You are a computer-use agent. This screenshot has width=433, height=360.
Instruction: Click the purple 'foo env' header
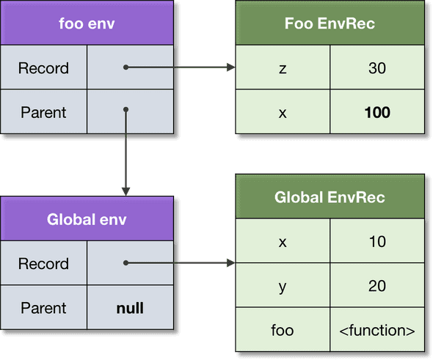click(87, 23)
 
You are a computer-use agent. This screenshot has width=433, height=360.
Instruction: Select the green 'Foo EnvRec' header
click(330, 23)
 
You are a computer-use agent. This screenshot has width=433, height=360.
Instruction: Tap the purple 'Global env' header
click(87, 218)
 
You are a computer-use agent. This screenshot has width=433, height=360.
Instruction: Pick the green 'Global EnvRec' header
click(330, 197)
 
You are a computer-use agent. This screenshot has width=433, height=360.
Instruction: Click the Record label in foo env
click(43, 68)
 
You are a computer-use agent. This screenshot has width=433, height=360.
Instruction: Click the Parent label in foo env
click(43, 112)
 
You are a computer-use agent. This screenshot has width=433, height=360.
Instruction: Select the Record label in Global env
click(43, 263)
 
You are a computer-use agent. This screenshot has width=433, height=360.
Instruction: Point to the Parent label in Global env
click(43, 307)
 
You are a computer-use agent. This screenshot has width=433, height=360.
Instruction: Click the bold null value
click(130, 307)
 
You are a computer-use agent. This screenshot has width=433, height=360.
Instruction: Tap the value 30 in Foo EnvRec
click(377, 68)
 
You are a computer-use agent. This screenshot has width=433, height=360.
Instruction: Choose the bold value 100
click(377, 112)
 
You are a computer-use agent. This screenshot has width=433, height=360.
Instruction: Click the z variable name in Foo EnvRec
click(283, 68)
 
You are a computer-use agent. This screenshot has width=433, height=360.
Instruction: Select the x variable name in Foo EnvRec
click(283, 112)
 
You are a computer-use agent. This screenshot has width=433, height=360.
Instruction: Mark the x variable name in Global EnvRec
click(283, 242)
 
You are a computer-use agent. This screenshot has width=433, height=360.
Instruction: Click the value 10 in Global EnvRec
click(377, 242)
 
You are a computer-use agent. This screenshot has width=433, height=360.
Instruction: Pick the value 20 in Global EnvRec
click(377, 286)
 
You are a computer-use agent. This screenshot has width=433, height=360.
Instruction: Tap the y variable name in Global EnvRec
click(283, 286)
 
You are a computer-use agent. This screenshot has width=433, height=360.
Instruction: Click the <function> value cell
click(377, 330)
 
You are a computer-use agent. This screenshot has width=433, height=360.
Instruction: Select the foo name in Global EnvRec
click(283, 330)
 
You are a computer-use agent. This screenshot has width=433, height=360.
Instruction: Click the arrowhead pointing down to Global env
click(126, 191)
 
